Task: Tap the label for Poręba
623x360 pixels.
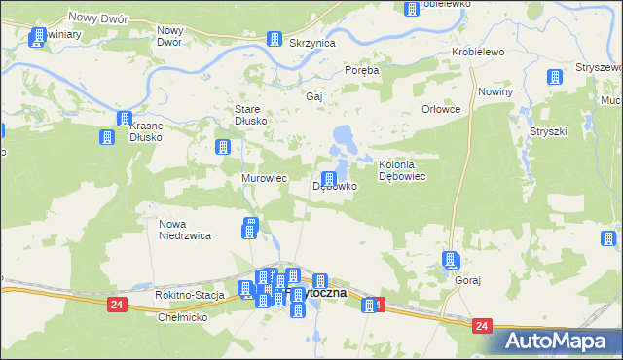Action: coord(361,70)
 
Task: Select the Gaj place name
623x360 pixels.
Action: coord(313,97)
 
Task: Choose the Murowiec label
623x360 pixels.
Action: coord(264,179)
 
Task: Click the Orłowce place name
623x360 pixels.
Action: coord(440,110)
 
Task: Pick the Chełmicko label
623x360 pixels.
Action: coord(183,318)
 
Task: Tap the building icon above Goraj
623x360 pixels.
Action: coord(450,259)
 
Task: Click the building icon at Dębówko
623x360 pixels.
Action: coord(330,179)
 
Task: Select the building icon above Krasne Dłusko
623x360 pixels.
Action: coord(125,119)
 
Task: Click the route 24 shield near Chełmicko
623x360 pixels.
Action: coord(117,306)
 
